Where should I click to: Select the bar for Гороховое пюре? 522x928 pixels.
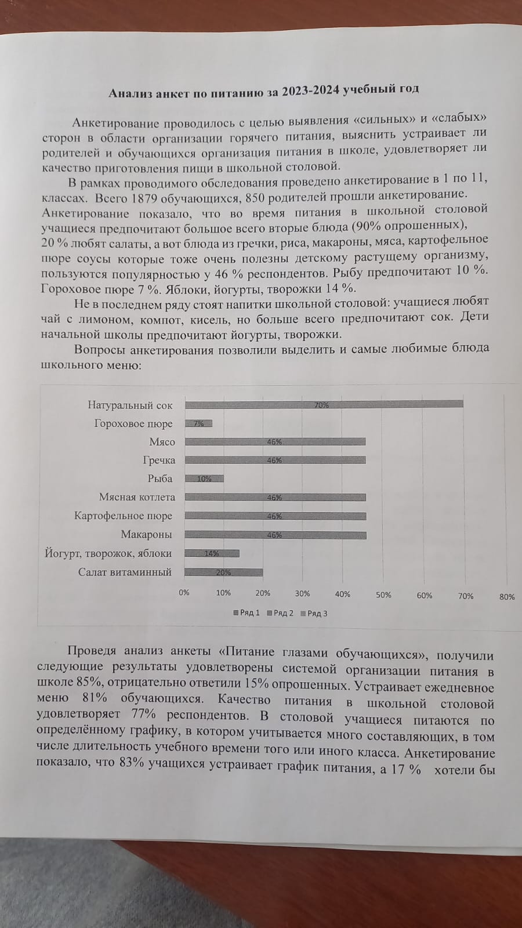(x=198, y=423)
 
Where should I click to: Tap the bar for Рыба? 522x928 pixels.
(x=204, y=478)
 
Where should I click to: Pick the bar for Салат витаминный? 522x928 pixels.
(x=223, y=572)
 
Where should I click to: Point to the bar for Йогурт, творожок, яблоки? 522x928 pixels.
(x=212, y=553)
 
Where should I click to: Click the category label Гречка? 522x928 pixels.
(x=159, y=460)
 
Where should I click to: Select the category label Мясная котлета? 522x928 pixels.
(x=137, y=497)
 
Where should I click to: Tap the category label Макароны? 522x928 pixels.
(x=146, y=534)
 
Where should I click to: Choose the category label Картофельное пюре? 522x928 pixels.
(x=123, y=516)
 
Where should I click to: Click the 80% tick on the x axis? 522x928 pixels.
(x=506, y=596)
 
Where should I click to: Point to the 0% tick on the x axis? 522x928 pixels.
(x=184, y=593)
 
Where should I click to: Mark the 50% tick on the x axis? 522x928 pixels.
(x=383, y=594)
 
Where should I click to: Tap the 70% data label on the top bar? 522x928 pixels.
(x=321, y=405)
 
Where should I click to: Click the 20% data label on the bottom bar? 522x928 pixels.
(x=223, y=572)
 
